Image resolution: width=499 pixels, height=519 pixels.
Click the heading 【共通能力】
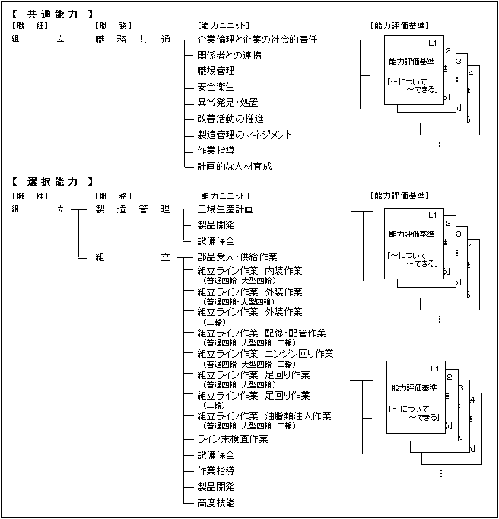click(x=53, y=14)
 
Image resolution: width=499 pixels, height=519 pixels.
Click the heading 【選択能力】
click(x=53, y=182)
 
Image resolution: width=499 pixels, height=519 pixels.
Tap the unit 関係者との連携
click(x=229, y=54)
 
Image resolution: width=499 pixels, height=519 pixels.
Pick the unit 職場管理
click(x=215, y=70)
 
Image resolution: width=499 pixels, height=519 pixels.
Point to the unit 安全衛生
click(x=215, y=86)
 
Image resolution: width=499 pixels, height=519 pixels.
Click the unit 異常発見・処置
click(x=227, y=102)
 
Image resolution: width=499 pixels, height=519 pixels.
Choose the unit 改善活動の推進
click(x=230, y=118)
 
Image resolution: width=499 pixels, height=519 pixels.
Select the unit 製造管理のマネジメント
click(x=243, y=134)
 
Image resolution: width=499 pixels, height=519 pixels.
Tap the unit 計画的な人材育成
click(x=234, y=166)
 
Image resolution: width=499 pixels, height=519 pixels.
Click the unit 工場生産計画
click(x=225, y=209)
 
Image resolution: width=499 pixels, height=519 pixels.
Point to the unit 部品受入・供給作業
click(x=237, y=256)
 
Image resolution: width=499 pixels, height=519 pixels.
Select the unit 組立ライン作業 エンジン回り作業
click(x=265, y=354)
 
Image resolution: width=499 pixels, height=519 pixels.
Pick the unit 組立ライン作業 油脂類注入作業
click(x=264, y=416)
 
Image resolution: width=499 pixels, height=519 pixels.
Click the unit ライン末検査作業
click(x=232, y=439)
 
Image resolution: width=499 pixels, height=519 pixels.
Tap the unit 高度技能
click(x=215, y=503)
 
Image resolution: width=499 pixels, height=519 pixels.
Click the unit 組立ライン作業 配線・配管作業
click(x=261, y=333)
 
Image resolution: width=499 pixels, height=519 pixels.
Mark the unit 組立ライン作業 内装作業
click(x=249, y=270)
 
